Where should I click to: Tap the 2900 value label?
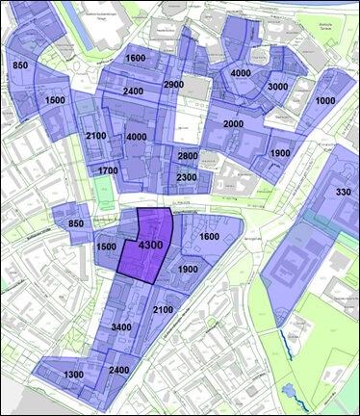173,86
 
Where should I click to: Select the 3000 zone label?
277,87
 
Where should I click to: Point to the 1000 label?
325,101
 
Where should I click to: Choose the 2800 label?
187,156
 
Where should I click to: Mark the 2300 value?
187,177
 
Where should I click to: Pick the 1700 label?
108,171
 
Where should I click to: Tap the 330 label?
343,193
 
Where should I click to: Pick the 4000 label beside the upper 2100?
136,137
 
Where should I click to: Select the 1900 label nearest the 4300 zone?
188,270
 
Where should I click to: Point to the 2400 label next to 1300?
118,371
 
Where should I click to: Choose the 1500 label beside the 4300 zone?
107,247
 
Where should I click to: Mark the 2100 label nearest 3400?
163,309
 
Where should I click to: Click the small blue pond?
290,391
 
